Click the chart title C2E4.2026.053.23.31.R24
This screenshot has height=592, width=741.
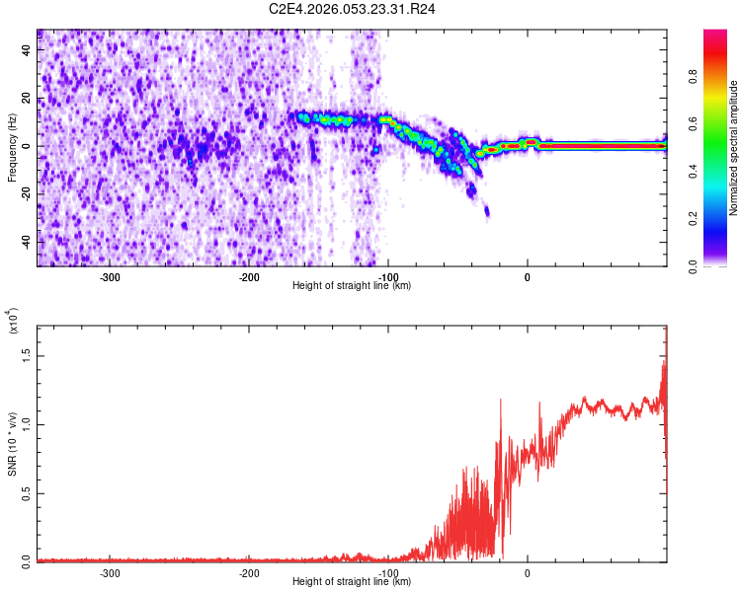353,9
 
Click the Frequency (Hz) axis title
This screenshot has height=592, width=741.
12,147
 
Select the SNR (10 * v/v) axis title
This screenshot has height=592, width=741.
12,443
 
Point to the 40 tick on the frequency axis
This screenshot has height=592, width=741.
28,51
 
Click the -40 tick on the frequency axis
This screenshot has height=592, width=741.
26,243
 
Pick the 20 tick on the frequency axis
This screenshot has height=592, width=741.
28,99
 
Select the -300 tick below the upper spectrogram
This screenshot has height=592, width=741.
110,276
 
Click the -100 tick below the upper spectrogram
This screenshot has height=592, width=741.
388,276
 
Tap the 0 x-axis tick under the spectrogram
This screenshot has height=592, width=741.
528,276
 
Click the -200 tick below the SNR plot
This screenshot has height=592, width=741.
249,572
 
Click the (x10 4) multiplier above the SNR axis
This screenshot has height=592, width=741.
13,323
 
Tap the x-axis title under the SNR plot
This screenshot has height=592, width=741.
352,582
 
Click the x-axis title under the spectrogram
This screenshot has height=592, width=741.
352,286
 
